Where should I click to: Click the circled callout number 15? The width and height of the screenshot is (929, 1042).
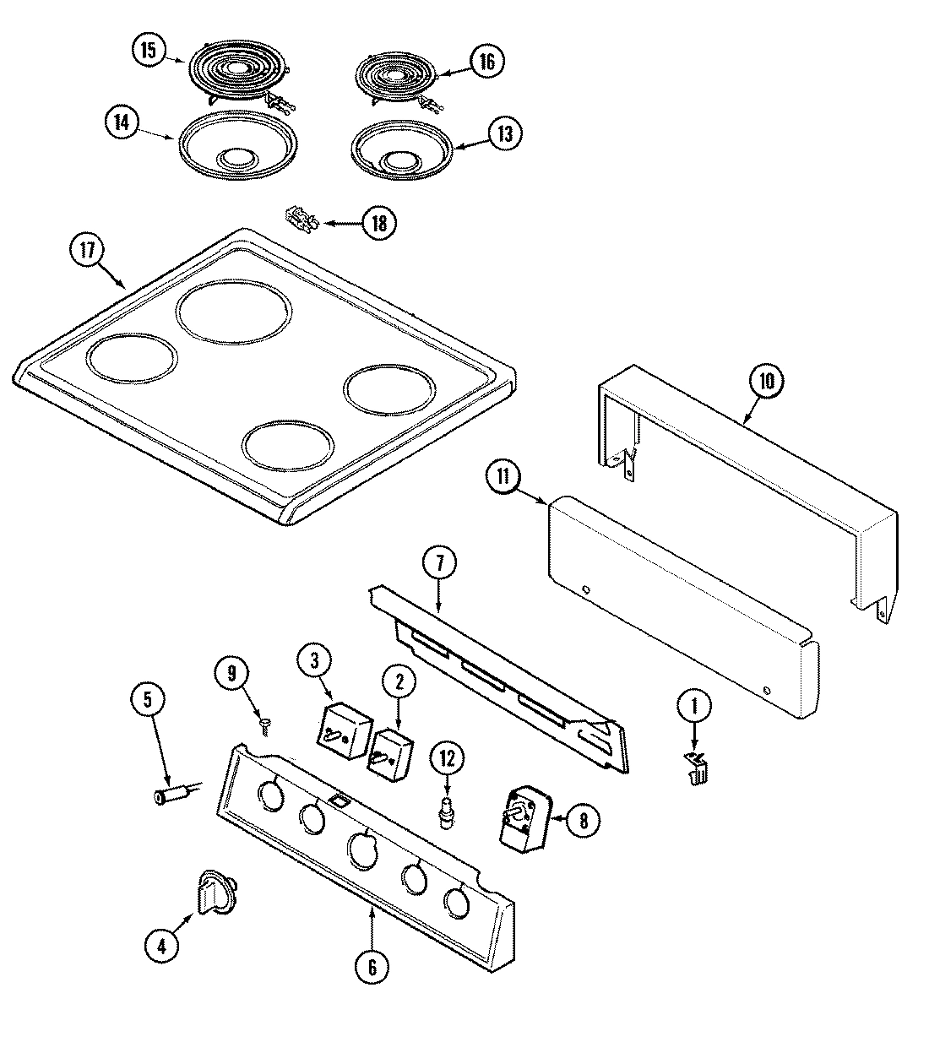click(149, 51)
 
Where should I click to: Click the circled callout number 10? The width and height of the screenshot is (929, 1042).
click(766, 381)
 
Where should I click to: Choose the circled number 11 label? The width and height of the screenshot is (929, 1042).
click(503, 477)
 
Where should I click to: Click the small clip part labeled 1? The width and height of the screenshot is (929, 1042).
click(696, 768)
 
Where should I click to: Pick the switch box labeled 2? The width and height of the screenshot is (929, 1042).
click(390, 752)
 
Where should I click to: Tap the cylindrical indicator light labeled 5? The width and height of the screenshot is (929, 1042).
click(169, 795)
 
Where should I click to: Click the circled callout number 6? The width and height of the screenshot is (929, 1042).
click(372, 966)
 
